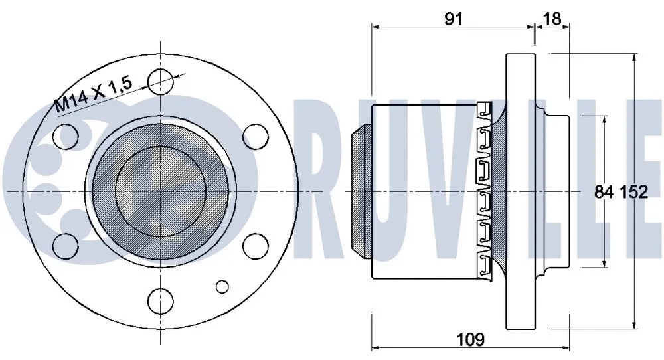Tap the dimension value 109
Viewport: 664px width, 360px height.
click(470, 339)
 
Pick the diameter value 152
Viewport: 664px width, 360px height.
click(634, 193)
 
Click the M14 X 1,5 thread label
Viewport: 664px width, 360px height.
click(94, 92)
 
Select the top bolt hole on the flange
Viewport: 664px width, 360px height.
click(159, 82)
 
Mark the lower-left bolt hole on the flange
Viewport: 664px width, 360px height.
click(64, 245)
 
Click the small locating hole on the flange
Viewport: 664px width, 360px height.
click(222, 286)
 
